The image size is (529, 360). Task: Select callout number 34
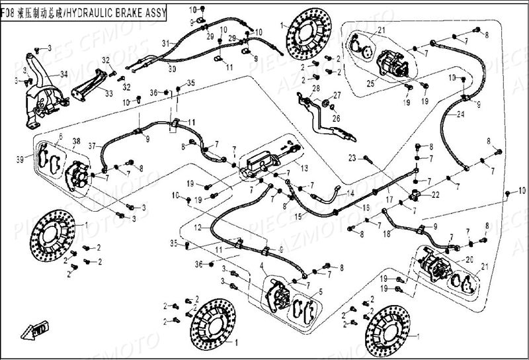[x=63, y=73]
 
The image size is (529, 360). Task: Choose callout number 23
[x=352, y=157]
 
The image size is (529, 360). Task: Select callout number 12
[x=198, y=227]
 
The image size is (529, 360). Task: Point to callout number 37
[x=92, y=146]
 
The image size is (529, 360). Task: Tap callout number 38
[x=77, y=141]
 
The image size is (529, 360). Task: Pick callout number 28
[x=315, y=88]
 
